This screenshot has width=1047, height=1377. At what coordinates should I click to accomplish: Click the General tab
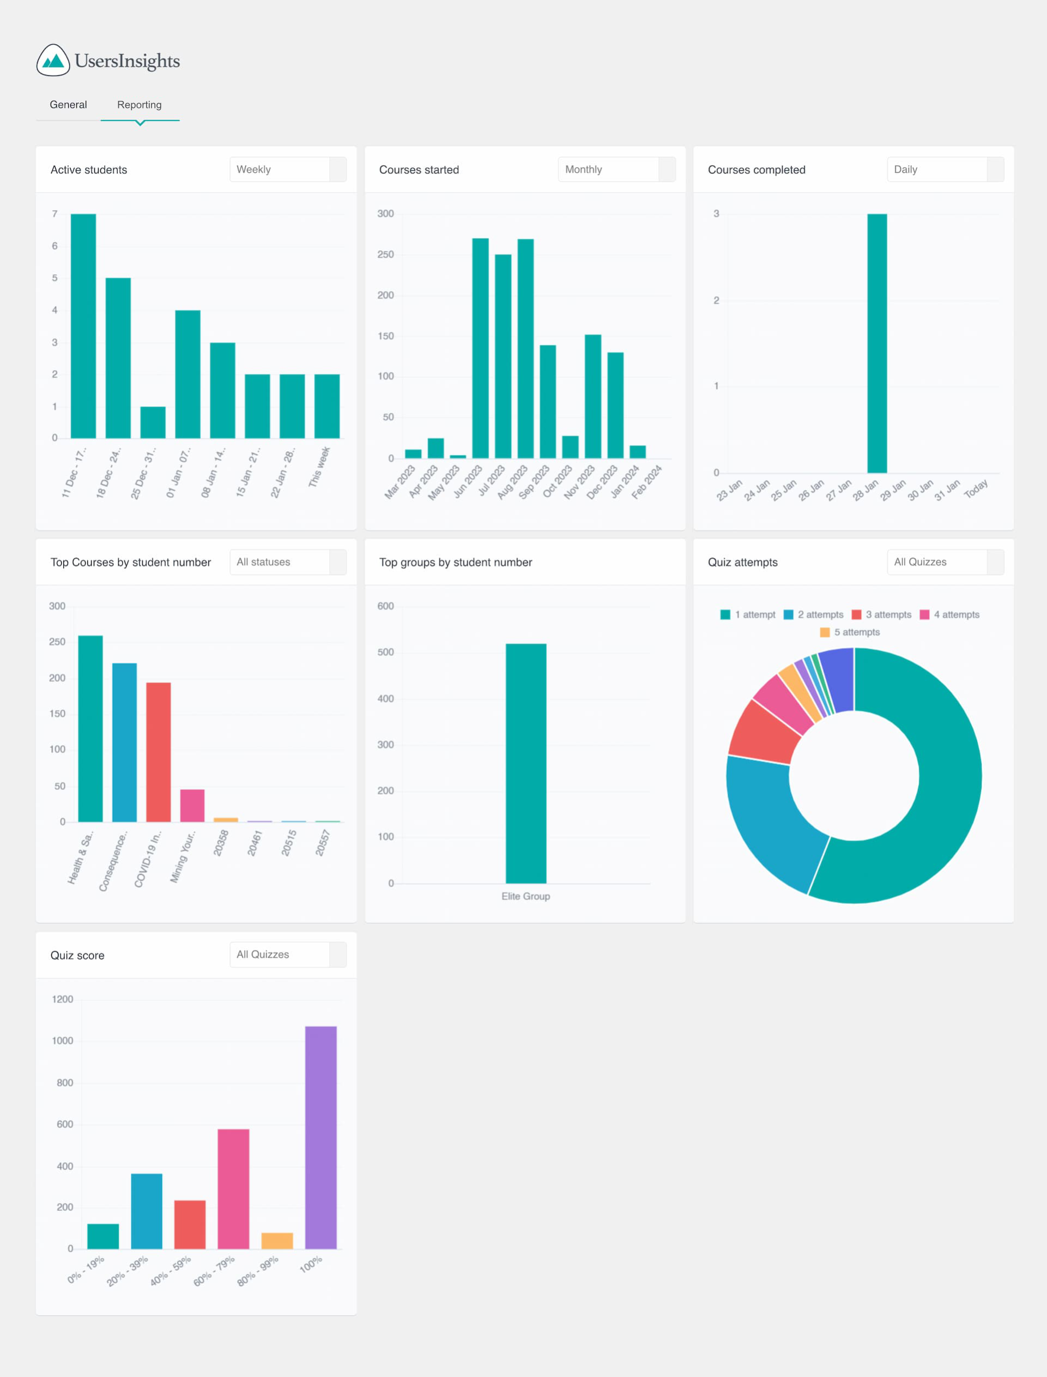(x=68, y=105)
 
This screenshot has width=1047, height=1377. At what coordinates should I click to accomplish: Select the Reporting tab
(x=139, y=105)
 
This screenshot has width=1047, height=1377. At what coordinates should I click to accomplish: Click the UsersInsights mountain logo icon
(x=53, y=61)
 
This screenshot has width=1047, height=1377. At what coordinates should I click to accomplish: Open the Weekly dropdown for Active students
(x=287, y=170)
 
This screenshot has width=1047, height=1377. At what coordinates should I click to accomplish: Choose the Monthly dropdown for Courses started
(x=616, y=170)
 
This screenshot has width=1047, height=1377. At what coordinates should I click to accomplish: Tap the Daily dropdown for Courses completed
(x=945, y=170)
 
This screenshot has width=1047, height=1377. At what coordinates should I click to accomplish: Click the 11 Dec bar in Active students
(x=83, y=325)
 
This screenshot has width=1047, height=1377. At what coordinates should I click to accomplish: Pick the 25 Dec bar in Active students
(x=153, y=422)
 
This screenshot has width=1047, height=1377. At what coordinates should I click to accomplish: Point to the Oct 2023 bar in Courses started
(x=570, y=447)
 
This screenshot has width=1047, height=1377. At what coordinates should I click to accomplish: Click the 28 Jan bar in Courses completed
(x=877, y=343)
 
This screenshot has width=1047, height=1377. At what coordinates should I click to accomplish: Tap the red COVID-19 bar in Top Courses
(x=158, y=752)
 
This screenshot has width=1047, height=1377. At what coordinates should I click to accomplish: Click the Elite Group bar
(x=526, y=763)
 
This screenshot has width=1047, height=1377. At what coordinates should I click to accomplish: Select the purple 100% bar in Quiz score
(x=321, y=1137)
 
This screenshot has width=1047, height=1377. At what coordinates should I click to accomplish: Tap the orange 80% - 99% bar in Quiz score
(x=277, y=1241)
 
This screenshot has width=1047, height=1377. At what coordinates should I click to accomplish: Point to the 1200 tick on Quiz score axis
(x=62, y=999)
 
